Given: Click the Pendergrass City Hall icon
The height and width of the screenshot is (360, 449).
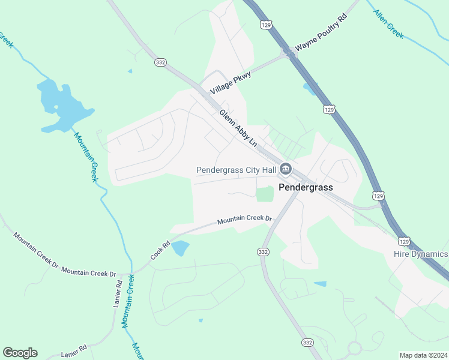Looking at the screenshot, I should [286, 169].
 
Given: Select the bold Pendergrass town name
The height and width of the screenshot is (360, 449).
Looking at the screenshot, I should [306, 187].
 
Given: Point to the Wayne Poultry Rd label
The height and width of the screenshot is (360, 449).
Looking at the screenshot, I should [321, 37].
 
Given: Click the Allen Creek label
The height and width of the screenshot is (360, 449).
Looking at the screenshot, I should [388, 24].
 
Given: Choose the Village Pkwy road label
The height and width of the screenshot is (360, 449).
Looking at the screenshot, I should [231, 82].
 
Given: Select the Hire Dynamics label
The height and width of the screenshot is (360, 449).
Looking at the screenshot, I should [421, 254].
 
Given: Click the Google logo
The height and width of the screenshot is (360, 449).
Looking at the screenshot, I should [20, 353].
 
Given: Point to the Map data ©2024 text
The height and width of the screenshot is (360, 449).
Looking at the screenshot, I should [423, 355].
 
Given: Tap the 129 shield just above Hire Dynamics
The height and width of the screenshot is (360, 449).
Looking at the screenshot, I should [405, 241].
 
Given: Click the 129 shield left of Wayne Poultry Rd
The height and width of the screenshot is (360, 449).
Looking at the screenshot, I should [265, 25].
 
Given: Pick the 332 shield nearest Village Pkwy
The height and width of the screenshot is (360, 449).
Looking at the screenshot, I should [160, 62].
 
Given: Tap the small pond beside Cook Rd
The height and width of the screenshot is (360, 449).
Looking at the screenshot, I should [179, 248].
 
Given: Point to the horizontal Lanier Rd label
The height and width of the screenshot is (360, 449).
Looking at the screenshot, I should [74, 347].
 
